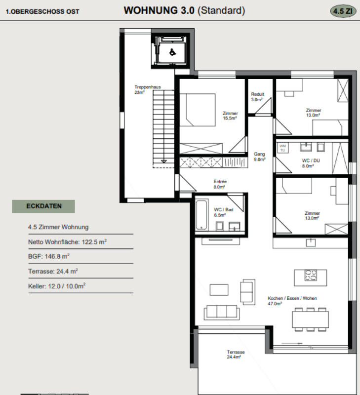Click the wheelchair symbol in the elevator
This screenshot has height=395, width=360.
point(172,52)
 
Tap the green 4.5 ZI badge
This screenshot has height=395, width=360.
point(343,11)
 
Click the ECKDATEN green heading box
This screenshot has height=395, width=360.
point(43,206)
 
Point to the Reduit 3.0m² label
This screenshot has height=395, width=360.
point(257,97)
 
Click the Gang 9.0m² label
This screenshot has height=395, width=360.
point(259,157)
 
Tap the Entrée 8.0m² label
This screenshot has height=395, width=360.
point(220,184)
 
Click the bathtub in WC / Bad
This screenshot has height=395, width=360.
point(201,215)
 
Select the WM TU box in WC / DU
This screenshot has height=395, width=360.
point(282,148)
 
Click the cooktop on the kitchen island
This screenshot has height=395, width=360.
point(311,275)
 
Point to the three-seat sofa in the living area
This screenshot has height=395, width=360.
point(222,313)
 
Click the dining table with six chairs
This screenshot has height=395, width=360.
point(311,319)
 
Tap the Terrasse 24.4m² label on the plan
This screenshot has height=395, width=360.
point(236,355)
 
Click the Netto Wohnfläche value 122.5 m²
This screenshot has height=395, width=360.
point(94,242)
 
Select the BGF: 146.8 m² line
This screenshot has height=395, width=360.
point(48,256)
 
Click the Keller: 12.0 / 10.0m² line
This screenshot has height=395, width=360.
point(57,286)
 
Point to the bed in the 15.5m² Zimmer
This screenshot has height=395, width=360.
point(197,110)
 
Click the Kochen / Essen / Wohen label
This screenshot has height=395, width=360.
point(292,298)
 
